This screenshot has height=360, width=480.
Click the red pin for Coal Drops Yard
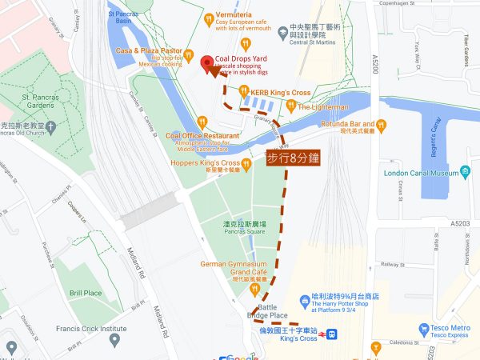coord(207,63)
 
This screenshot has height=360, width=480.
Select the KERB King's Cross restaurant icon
coord(244,92)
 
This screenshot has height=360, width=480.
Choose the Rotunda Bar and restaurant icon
coord(382,124)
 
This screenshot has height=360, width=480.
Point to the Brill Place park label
coord(86,293)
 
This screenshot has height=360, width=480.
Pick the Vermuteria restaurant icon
coord(209,17)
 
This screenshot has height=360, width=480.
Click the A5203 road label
coord(460,223)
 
